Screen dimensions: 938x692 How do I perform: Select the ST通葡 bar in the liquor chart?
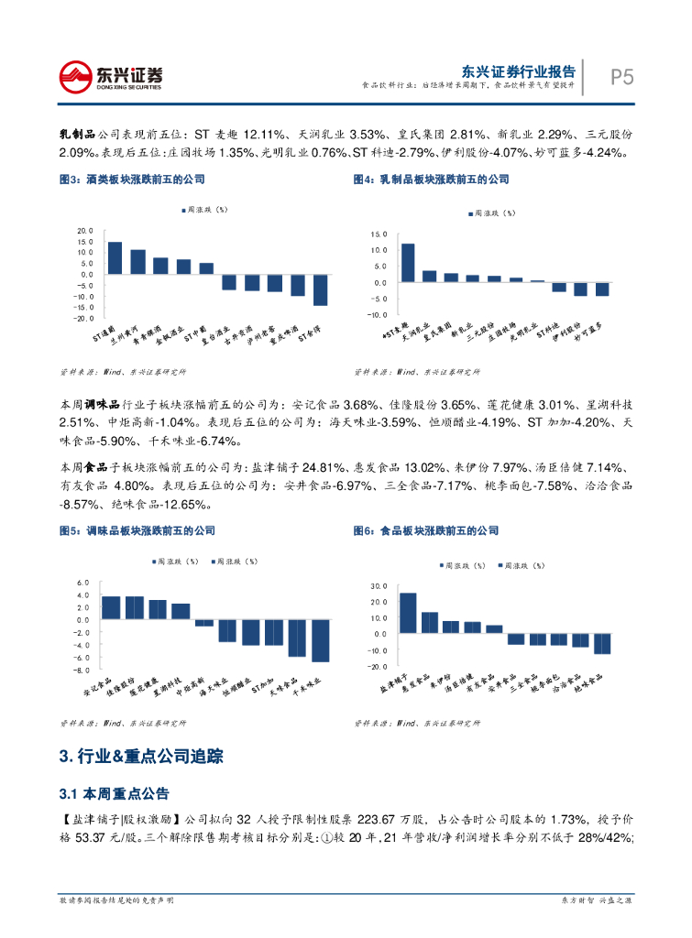click(115, 257)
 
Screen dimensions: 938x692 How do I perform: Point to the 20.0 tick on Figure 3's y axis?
click(85, 231)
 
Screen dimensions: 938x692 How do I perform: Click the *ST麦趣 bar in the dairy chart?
click(408, 263)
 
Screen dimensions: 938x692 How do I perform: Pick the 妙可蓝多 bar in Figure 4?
click(602, 289)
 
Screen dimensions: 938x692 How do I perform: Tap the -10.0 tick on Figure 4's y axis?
click(378, 314)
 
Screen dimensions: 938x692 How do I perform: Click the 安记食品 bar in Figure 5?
click(111, 608)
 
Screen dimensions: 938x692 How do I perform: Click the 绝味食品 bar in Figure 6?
click(602, 643)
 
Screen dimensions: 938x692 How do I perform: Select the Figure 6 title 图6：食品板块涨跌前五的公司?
click(426, 530)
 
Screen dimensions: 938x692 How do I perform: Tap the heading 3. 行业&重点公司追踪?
click(139, 757)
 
